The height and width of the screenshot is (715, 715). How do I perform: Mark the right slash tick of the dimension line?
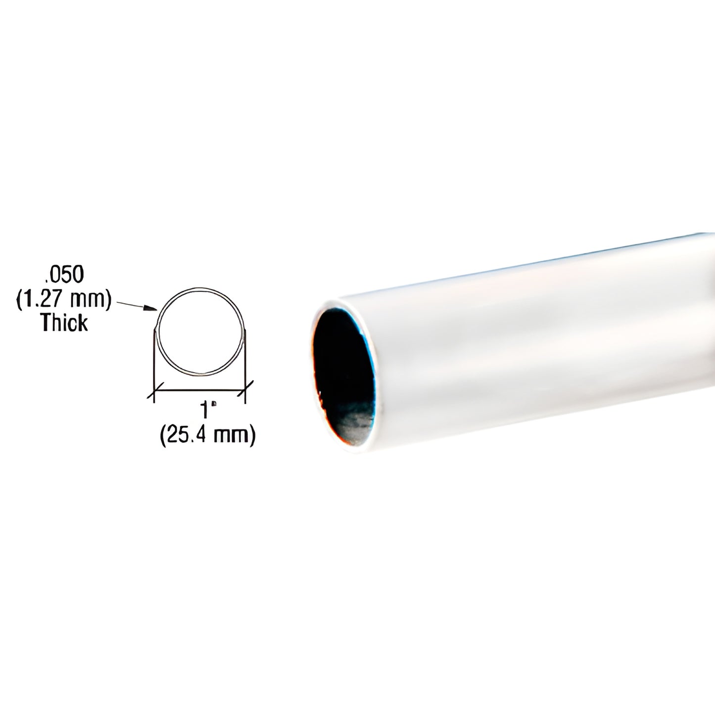(246, 389)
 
